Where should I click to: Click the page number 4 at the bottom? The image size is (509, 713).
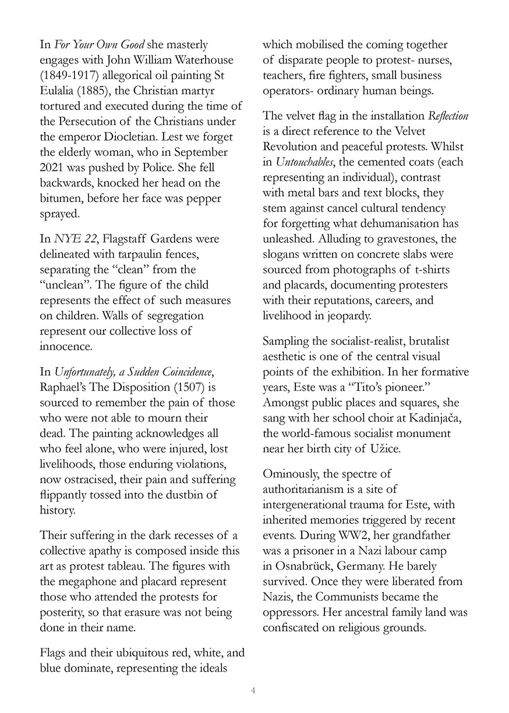(x=253, y=690)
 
